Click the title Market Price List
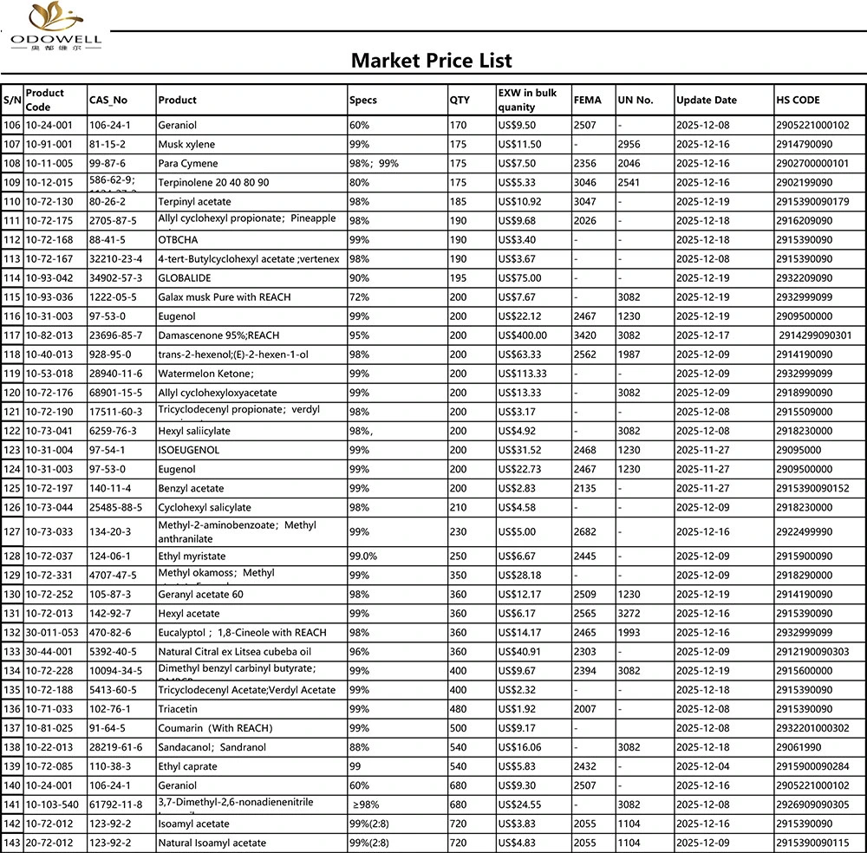click(431, 60)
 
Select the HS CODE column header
click(799, 100)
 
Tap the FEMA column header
click(587, 100)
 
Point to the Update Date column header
click(706, 100)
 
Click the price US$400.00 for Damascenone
click(523, 335)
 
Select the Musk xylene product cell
click(186, 145)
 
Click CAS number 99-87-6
click(108, 164)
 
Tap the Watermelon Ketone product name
click(205, 374)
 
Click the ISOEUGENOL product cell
click(188, 450)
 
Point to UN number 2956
click(629, 145)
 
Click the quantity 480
click(458, 709)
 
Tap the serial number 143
click(12, 843)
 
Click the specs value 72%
click(359, 297)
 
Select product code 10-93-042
click(49, 278)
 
